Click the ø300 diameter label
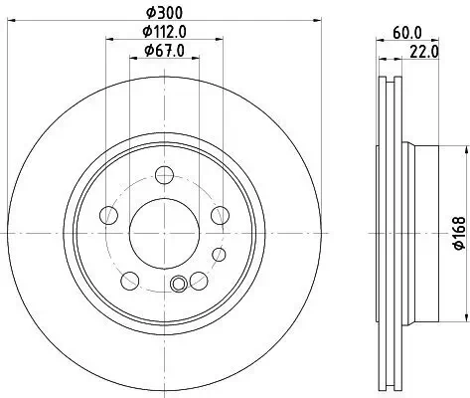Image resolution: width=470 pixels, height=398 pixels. (165, 11)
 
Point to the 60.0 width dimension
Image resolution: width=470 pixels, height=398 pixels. (406, 32)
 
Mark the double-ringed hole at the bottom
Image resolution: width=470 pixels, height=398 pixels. (179, 286)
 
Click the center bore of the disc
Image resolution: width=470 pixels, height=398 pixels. (165, 226)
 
